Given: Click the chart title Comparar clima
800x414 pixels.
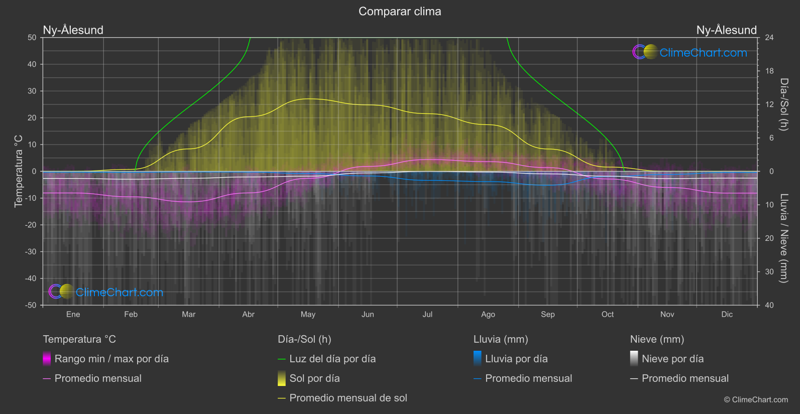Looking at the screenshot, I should pos(400,12).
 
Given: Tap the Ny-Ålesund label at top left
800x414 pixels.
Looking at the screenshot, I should pos(73,30).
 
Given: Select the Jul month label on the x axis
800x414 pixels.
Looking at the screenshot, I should pos(427,315).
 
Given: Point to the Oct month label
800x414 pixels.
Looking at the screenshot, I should pos(608,315).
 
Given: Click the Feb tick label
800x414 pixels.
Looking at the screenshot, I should pos(131,315).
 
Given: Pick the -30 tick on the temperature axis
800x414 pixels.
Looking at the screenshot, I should pos(31,252).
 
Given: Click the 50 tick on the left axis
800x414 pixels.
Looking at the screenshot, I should pos(32,38).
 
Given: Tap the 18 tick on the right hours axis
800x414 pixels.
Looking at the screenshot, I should pos(769,71).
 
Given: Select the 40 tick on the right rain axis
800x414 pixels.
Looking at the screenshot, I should pos(769,305).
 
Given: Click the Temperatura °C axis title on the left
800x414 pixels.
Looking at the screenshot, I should pos(19,171).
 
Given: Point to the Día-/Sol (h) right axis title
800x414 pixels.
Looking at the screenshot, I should pos(784,104).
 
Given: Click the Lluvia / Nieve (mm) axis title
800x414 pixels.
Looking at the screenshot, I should pos(784,238).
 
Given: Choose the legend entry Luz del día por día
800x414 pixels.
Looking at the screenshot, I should pos(332,359).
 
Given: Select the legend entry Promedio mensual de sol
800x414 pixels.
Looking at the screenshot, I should pos(348,398).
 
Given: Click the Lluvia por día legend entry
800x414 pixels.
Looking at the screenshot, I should pos(516,359).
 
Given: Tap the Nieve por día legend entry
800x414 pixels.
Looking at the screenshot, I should pos(672,359).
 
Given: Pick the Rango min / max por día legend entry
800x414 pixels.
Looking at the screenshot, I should pos(111,359).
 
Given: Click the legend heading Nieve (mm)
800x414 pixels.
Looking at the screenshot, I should pos(657,339).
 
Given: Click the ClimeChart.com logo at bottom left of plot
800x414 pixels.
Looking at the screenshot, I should pos(106,292).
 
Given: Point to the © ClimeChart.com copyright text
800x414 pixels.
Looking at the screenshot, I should pos(756,400).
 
